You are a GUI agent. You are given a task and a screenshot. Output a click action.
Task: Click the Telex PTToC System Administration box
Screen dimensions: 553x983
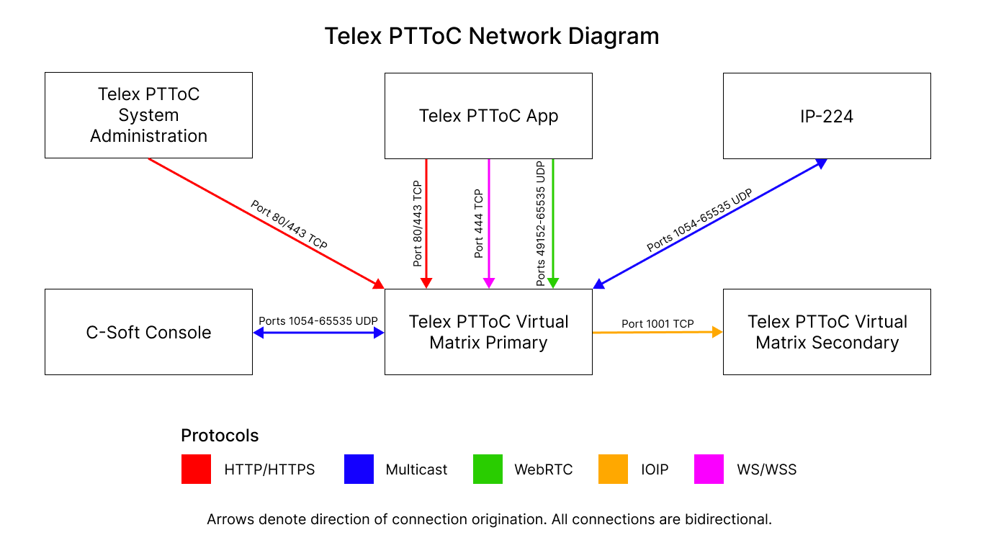pyautogui.click(x=148, y=115)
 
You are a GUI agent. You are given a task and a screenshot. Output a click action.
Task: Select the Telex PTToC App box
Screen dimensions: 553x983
pyautogui.click(x=488, y=116)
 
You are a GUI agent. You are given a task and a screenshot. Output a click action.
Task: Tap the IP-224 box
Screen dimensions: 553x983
pyautogui.click(x=827, y=116)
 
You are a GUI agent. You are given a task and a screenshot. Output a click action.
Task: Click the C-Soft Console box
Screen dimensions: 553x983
pyautogui.click(x=148, y=332)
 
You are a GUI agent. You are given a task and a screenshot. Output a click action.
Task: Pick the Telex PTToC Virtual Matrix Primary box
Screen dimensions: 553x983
pyautogui.click(x=488, y=332)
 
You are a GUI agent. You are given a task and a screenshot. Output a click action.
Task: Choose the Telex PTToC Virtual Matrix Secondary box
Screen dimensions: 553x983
pyautogui.click(x=827, y=332)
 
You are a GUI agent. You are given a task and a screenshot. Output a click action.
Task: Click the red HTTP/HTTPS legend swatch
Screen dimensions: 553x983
pyautogui.click(x=196, y=469)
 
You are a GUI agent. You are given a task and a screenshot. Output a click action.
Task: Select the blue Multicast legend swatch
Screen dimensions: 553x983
pyautogui.click(x=359, y=469)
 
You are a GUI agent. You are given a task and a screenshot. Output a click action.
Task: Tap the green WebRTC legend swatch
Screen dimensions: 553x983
pyautogui.click(x=488, y=469)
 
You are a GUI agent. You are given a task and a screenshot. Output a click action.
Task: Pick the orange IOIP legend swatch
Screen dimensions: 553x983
pyautogui.click(x=613, y=469)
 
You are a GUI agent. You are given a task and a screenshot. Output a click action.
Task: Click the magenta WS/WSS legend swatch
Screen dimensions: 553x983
pyautogui.click(x=709, y=469)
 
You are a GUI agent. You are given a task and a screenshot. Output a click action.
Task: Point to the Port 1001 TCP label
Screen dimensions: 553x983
pyautogui.click(x=657, y=324)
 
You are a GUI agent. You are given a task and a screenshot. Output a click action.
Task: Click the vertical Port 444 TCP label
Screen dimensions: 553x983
pyautogui.click(x=479, y=224)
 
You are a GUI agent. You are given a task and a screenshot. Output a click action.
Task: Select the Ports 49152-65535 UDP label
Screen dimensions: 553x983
pyautogui.click(x=542, y=224)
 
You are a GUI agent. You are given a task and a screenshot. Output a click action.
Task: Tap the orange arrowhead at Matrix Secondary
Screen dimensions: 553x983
pyautogui.click(x=717, y=332)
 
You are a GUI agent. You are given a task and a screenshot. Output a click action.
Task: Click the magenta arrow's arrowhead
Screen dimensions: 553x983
pyautogui.click(x=489, y=283)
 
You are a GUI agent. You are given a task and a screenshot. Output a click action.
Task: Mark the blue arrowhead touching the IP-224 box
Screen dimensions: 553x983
pyautogui.click(x=820, y=163)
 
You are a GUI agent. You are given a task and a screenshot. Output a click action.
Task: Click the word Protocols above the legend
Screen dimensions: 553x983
pyautogui.click(x=220, y=436)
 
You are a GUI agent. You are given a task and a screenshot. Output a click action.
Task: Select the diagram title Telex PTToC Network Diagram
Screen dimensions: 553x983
pyautogui.click(x=491, y=36)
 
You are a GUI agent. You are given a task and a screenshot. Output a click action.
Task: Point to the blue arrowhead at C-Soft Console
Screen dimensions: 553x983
pyautogui.click(x=259, y=333)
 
